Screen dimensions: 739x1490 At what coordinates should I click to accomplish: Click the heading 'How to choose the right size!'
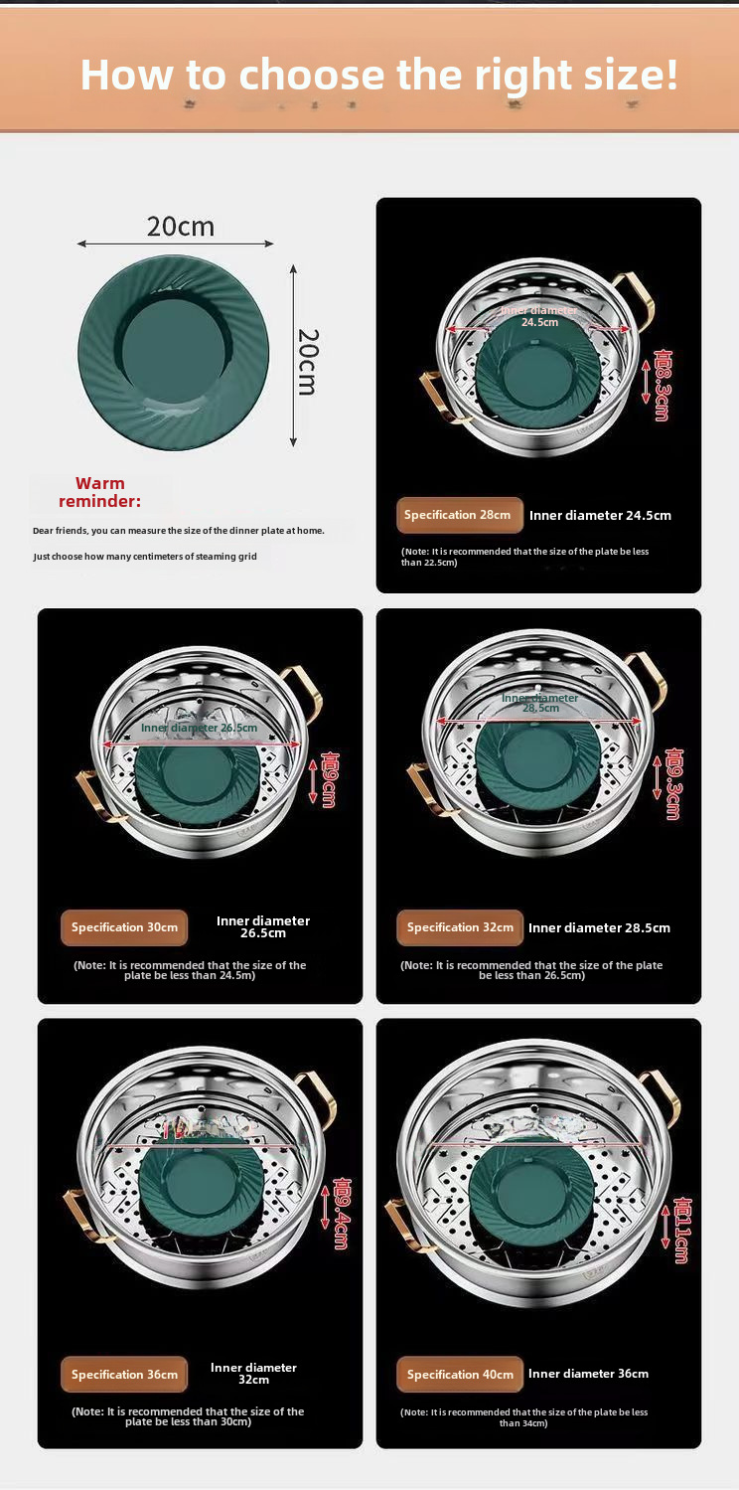(x=378, y=74)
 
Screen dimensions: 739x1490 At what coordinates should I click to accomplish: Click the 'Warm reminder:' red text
(x=99, y=493)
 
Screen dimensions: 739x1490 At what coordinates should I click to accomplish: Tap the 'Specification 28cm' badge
(x=460, y=515)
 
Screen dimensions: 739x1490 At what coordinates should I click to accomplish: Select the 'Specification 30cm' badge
(x=124, y=927)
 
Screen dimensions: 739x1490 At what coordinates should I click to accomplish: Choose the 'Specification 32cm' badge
(x=460, y=927)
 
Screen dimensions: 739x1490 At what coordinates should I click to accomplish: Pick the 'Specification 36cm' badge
(x=124, y=1375)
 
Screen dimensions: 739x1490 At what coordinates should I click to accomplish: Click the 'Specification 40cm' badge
(x=460, y=1375)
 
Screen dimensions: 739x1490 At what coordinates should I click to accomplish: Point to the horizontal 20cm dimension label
(x=180, y=227)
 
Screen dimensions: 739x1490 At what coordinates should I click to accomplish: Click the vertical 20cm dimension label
(x=308, y=362)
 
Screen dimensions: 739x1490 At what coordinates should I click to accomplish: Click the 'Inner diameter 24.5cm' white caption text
(x=600, y=515)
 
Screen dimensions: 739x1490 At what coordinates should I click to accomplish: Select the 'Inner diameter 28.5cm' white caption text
(x=599, y=927)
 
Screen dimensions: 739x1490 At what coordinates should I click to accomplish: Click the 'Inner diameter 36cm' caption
(x=588, y=1374)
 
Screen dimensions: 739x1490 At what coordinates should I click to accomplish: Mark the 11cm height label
(x=681, y=1230)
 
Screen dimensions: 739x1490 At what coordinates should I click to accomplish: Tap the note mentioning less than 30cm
(x=188, y=1416)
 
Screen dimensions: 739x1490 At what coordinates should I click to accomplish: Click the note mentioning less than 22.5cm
(x=524, y=557)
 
